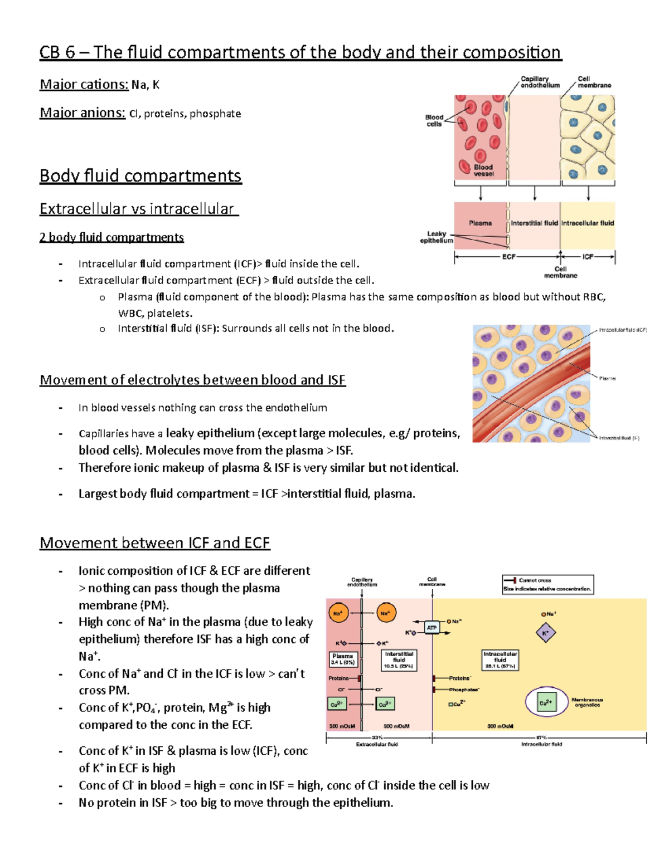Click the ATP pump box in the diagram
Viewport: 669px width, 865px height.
click(432, 627)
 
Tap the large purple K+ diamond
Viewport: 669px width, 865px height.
click(545, 633)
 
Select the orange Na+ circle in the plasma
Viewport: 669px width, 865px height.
click(338, 613)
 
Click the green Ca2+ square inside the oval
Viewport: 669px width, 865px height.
click(546, 703)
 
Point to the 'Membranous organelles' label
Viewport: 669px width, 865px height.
click(587, 702)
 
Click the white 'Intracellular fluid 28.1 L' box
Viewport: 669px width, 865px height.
click(500, 659)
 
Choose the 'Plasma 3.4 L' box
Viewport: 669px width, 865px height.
click(342, 659)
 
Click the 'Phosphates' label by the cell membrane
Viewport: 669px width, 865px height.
click(464, 690)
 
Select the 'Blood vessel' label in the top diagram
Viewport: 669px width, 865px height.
click(483, 170)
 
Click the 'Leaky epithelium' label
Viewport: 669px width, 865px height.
click(437, 237)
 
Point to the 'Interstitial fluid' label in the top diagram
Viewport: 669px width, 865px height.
click(534, 223)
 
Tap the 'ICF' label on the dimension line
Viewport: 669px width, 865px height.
click(588, 257)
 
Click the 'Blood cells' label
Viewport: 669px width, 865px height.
click(434, 120)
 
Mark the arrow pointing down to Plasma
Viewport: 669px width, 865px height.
click(481, 193)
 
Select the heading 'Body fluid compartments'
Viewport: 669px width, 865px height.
click(140, 175)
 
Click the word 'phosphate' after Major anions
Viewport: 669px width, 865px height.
click(215, 114)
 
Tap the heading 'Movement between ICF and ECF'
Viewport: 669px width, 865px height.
click(154, 543)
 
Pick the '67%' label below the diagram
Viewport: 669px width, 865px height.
click(541, 737)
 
